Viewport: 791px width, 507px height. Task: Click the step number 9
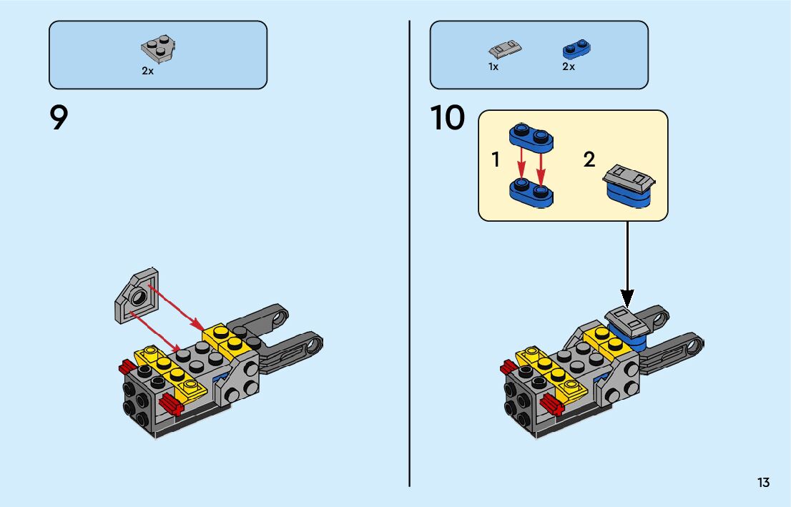click(x=59, y=118)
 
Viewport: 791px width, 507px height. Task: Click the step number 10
click(x=448, y=119)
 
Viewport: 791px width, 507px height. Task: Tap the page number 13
click(x=763, y=483)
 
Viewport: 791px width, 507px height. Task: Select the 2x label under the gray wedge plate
click(x=147, y=72)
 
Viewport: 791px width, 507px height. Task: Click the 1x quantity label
click(x=493, y=67)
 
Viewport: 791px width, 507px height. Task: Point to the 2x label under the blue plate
click(x=569, y=67)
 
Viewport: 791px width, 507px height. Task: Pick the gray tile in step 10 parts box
click(x=505, y=49)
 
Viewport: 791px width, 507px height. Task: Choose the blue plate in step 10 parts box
click(x=576, y=49)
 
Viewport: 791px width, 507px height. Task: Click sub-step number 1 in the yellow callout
click(x=496, y=160)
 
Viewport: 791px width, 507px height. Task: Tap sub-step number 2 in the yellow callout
click(x=589, y=159)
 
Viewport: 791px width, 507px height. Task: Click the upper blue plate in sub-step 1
click(x=531, y=135)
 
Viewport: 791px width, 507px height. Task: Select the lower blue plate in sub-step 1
click(x=533, y=190)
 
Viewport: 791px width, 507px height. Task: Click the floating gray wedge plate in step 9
click(x=138, y=295)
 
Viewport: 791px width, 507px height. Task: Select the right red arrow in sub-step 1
click(x=541, y=162)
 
